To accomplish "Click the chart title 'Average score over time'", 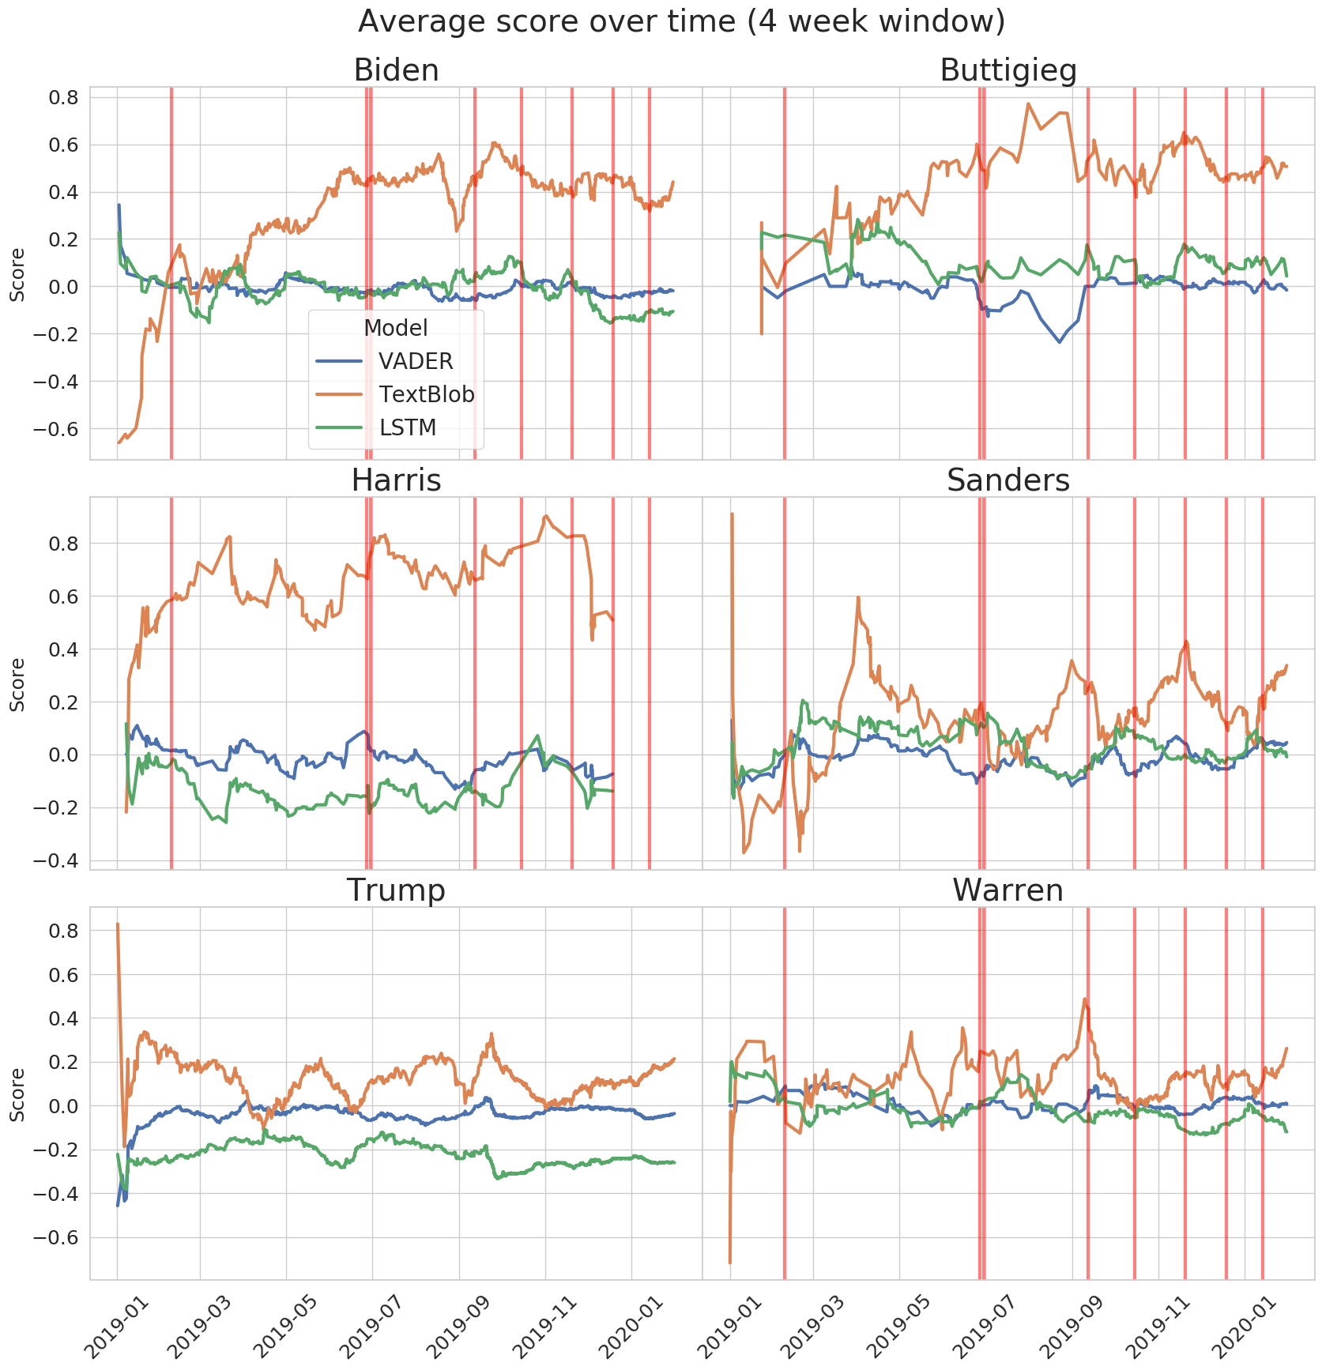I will [x=680, y=21].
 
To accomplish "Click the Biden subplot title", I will [x=396, y=70].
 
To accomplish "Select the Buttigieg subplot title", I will [x=1008, y=70].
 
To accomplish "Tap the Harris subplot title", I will [x=396, y=480].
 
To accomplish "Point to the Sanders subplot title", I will [x=1008, y=480].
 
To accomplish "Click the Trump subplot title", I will [x=396, y=890].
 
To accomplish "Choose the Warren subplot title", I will [x=1008, y=890].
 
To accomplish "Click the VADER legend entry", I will [x=416, y=361].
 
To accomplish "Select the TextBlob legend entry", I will [x=426, y=394].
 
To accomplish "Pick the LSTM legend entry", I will [x=408, y=427].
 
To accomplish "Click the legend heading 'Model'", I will [x=396, y=328].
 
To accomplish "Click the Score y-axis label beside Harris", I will [x=17, y=684].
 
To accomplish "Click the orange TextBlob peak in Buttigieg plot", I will [x=1028, y=104].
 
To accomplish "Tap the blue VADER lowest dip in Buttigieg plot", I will [x=1060, y=341].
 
